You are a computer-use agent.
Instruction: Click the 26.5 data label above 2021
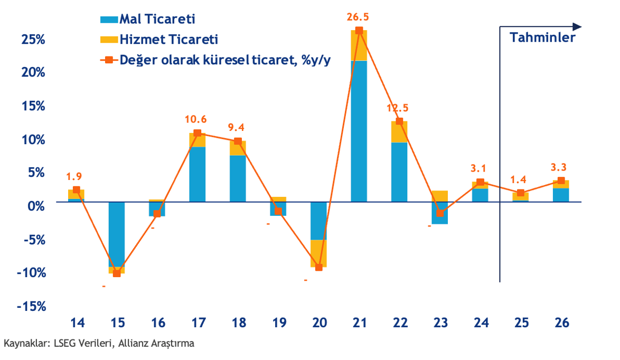pyautogui.click(x=359, y=17)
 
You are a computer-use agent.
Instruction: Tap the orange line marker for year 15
pyautogui.click(x=117, y=273)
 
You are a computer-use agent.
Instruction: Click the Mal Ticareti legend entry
pyautogui.click(x=148, y=20)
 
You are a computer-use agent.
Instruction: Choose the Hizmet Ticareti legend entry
pyautogui.click(x=159, y=40)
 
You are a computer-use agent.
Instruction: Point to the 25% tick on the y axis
pyautogui.click(x=33, y=40)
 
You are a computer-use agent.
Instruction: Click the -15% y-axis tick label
pyautogui.click(x=31, y=307)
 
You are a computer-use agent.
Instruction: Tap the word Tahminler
pyautogui.click(x=542, y=37)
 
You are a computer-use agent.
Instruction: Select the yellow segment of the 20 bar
pyautogui.click(x=318, y=253)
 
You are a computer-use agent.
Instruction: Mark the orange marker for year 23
pyautogui.click(x=439, y=213)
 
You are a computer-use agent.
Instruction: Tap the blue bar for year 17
pyautogui.click(x=198, y=174)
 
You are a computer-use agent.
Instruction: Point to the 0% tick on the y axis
pyautogui.click(x=36, y=205)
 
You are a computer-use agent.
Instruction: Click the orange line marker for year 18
pyautogui.click(x=238, y=141)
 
